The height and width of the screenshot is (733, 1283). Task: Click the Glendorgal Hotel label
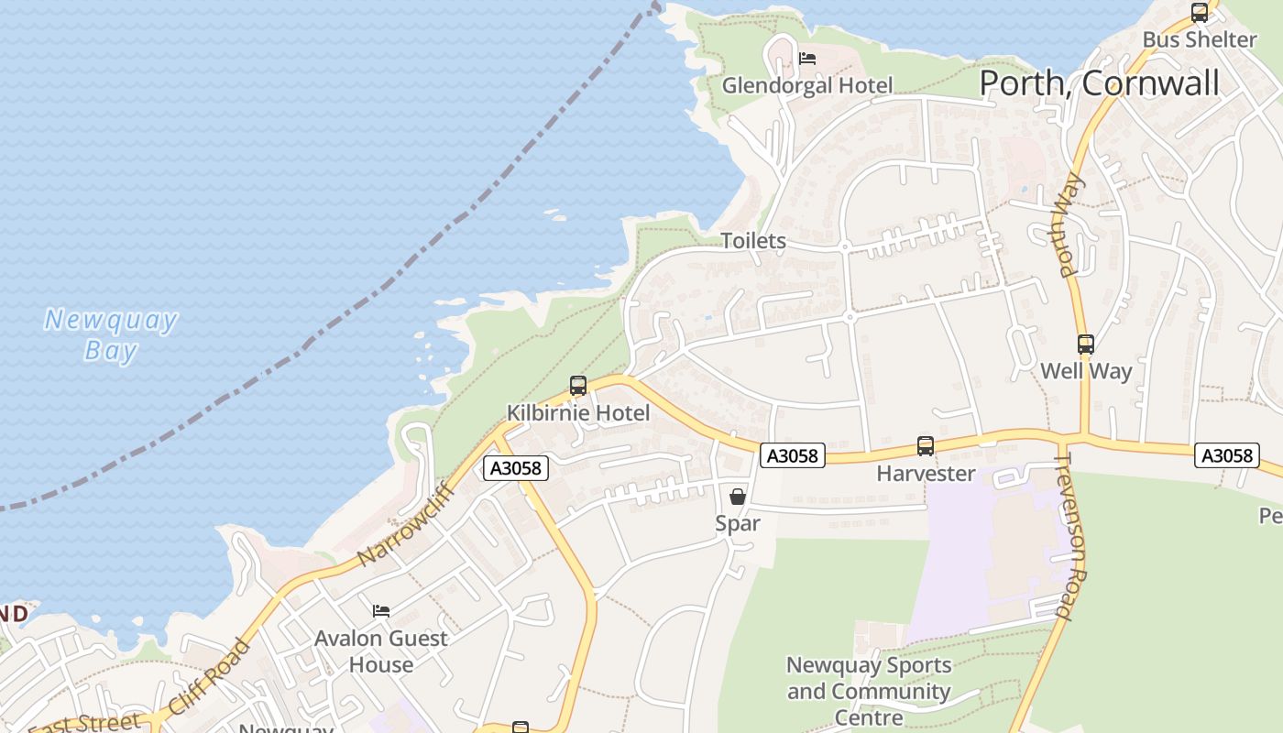pos(806,85)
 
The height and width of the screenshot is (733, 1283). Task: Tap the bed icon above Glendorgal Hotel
pos(806,59)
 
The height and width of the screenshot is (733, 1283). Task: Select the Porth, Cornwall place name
pos(1099,83)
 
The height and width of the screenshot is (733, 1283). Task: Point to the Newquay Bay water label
pos(110,334)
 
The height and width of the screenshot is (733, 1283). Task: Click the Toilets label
pos(753,241)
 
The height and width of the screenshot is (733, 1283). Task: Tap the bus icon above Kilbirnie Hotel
pos(577,386)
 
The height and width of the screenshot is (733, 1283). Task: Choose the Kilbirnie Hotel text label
pos(578,413)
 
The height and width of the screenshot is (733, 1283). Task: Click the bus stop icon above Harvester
pos(926,446)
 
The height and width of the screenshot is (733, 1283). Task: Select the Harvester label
pos(926,474)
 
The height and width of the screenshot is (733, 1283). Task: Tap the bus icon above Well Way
pos(1086,345)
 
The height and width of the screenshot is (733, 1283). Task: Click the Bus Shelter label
pos(1199,39)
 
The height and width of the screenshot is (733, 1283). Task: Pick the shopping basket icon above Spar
pos(738,497)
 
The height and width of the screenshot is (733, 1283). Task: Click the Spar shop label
pos(738,524)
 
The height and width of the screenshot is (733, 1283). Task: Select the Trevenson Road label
pos(1070,535)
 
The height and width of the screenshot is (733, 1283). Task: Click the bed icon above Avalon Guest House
pos(380,611)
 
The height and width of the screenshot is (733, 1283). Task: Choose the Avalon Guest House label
pos(380,651)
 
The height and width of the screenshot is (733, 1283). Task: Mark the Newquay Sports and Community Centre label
pos(868,691)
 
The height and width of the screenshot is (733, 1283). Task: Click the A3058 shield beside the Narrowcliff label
pos(516,468)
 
